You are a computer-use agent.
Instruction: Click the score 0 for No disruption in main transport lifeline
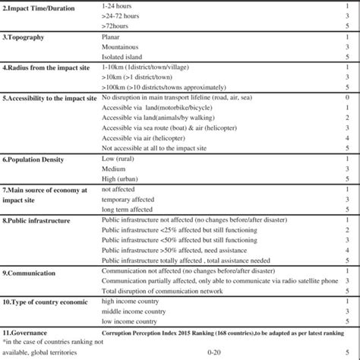pyautogui.click(x=346, y=99)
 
